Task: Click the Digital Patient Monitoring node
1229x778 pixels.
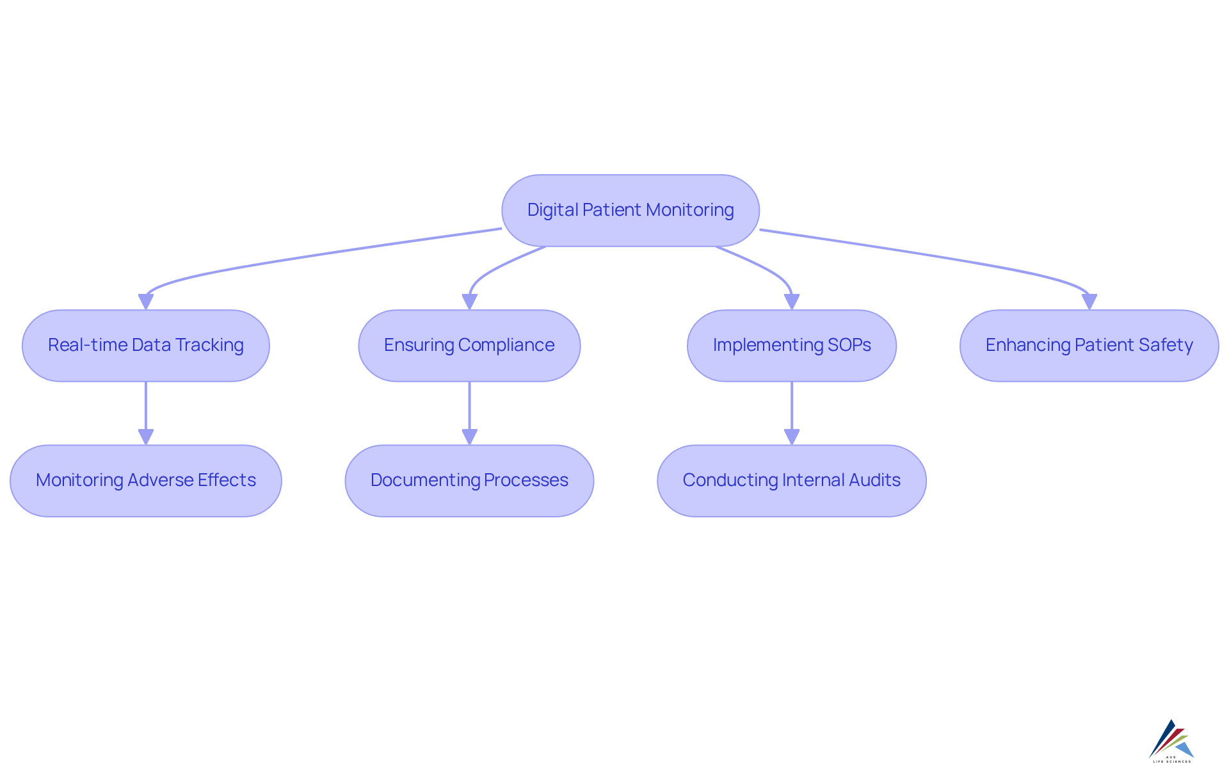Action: [630, 211]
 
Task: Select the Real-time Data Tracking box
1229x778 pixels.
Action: [146, 346]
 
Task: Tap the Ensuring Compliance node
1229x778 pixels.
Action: [469, 346]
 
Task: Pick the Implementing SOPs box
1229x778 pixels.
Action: [792, 346]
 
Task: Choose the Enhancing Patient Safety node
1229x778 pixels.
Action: [1089, 346]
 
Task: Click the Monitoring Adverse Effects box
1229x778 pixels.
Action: [146, 481]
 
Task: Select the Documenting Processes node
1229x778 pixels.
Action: [469, 481]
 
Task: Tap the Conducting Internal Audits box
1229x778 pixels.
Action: [792, 481]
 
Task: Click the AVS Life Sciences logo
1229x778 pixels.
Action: [1171, 741]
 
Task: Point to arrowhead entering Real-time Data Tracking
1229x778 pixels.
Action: [146, 302]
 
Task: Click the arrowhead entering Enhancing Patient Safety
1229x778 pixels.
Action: [1089, 302]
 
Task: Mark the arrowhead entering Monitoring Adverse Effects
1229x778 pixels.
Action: [146, 437]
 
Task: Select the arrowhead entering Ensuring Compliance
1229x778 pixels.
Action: [469, 302]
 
